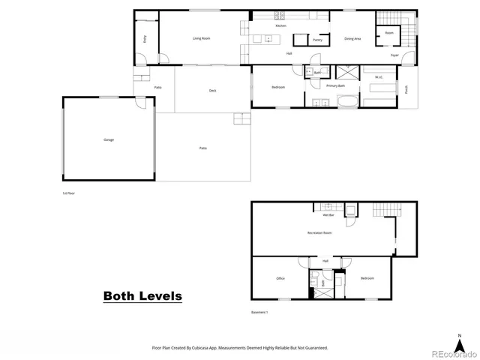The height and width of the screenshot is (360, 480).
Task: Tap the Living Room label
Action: [x=201, y=38]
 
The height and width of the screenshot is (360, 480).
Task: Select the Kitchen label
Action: [x=281, y=26]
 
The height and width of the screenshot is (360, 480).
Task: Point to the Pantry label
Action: [x=317, y=40]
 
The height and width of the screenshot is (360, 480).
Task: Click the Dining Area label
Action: [x=352, y=38]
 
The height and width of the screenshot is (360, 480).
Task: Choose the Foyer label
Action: [x=394, y=55]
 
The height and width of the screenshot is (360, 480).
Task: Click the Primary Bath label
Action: [x=335, y=86]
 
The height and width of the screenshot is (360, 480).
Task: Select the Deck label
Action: [x=213, y=91]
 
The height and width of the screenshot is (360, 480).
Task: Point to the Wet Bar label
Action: [x=328, y=215]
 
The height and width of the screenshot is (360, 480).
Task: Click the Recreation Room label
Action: [x=319, y=233]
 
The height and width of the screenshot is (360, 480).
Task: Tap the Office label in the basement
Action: [x=280, y=278]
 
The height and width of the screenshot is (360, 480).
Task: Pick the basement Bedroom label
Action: [x=367, y=278]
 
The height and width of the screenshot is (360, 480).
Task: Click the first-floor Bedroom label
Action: [x=278, y=87]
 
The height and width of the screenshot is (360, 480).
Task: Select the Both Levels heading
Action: [x=142, y=296]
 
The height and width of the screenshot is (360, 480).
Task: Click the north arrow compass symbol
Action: [x=460, y=338]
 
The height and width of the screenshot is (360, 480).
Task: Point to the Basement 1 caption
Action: [x=259, y=312]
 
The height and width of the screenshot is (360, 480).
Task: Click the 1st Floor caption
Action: [x=69, y=193]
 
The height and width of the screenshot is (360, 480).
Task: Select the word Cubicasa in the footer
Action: [x=210, y=348]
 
